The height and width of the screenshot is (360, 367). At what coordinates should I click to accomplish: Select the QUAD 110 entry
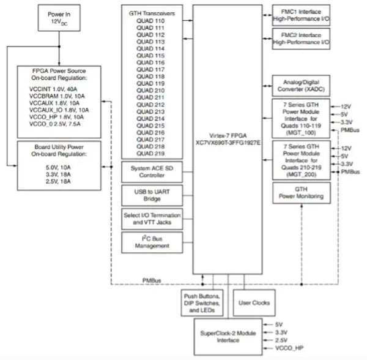[150, 22]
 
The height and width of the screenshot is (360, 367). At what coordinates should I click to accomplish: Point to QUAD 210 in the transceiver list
[150, 90]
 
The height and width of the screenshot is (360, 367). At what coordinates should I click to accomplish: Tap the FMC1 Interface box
[300, 12]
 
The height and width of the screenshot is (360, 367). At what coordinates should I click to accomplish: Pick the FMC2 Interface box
[300, 40]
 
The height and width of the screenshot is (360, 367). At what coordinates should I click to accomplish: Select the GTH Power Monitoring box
[300, 193]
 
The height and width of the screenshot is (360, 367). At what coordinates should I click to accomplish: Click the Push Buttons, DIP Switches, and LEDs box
[201, 302]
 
